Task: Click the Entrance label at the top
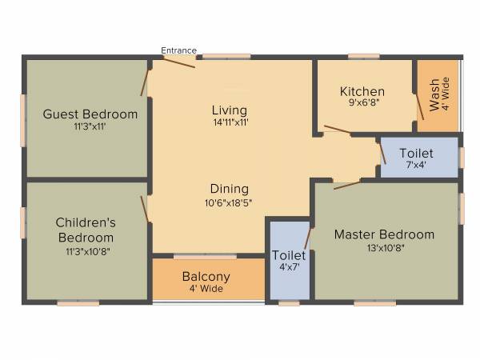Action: tap(178, 50)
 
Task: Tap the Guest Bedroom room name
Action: tap(90, 114)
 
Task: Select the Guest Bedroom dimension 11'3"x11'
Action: tap(90, 126)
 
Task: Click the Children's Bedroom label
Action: tap(85, 230)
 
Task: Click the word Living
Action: tap(230, 110)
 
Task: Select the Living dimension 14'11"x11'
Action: tap(230, 123)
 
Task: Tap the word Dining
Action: tap(230, 189)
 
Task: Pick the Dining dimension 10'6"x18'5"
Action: tap(230, 202)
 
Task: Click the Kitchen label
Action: tap(362, 91)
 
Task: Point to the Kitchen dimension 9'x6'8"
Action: tap(362, 103)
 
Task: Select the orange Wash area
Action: tap(438, 96)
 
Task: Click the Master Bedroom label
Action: tap(384, 234)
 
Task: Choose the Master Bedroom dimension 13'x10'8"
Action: tap(384, 247)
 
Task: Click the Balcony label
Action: tap(206, 277)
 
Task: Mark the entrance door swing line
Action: tap(180, 62)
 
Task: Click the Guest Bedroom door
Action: tap(145, 82)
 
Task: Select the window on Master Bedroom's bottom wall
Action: tap(374, 303)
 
